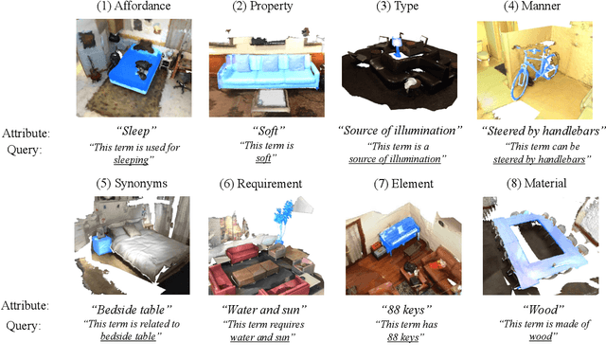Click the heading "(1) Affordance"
pos(134,7)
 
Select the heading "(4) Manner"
pos(532,7)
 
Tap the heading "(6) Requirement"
pos(260,184)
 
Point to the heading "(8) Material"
pos(537,183)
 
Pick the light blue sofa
pos(268,72)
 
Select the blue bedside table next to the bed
pos(102,244)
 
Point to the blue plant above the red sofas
pos(284,221)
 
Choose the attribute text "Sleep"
pos(136,131)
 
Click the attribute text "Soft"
pos(268,131)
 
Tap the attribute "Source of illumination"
pos(400,131)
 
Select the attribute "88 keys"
pos(406,310)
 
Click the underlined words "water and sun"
pos(259,337)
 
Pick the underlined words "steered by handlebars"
pos(539,159)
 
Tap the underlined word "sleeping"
pos(131,160)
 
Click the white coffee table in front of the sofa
pos(270,99)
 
